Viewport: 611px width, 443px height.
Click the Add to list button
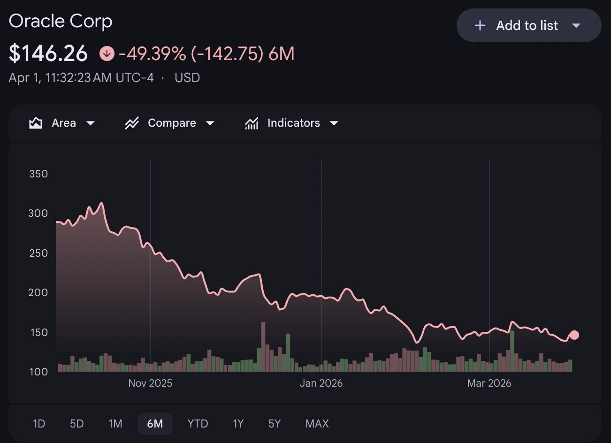coord(528,25)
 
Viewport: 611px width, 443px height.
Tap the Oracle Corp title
coord(61,21)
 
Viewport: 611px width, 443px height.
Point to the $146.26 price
coord(48,53)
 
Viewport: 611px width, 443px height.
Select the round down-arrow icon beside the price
coord(107,53)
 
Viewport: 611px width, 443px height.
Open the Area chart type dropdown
coord(62,123)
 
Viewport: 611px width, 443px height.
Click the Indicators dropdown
coord(291,123)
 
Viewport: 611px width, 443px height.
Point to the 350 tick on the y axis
coord(38,174)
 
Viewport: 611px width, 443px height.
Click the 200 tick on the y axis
coord(38,293)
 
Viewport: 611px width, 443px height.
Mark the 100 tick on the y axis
coord(38,372)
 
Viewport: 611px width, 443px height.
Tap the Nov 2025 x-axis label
coord(150,383)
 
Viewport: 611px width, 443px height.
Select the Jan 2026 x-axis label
coord(321,383)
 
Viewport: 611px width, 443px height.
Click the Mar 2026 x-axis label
coord(489,383)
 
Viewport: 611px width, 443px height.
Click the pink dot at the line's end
coord(574,335)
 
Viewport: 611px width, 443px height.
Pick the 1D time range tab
coord(39,424)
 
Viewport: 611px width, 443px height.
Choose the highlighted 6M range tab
coord(155,424)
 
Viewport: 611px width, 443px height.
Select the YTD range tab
coord(198,424)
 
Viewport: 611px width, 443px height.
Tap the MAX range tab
coord(317,424)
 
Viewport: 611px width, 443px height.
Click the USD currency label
coord(187,78)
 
